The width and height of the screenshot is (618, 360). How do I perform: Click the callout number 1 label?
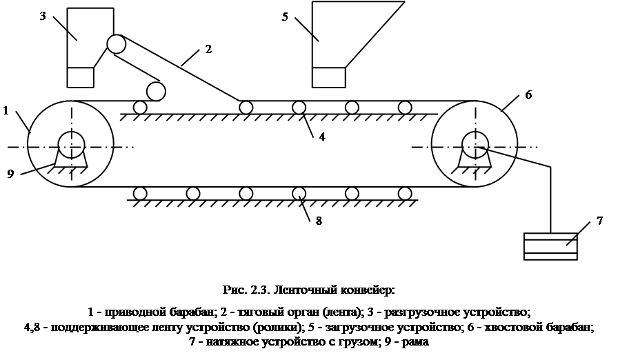(6, 110)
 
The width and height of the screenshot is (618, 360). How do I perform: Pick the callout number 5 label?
(285, 17)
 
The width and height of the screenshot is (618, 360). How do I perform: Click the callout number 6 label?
(528, 95)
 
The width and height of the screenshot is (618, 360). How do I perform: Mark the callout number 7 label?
(599, 222)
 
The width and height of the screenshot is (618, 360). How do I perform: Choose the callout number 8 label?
(319, 222)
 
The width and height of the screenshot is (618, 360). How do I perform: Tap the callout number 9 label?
(10, 174)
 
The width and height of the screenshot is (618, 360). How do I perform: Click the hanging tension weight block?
(550, 246)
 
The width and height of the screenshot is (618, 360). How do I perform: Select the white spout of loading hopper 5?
(328, 77)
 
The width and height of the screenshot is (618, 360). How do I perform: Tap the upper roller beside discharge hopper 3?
(116, 44)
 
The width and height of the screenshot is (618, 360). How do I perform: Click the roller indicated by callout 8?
(299, 193)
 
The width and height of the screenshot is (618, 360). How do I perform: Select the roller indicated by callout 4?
(299, 107)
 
